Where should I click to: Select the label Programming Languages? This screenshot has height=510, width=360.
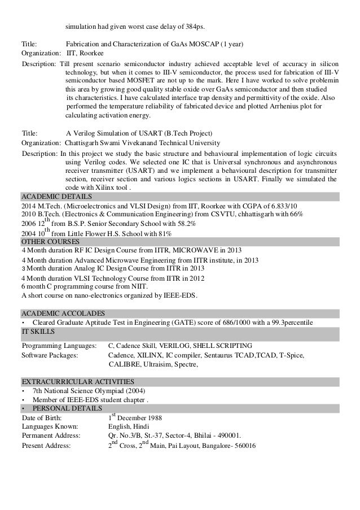(x=59, y=346)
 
